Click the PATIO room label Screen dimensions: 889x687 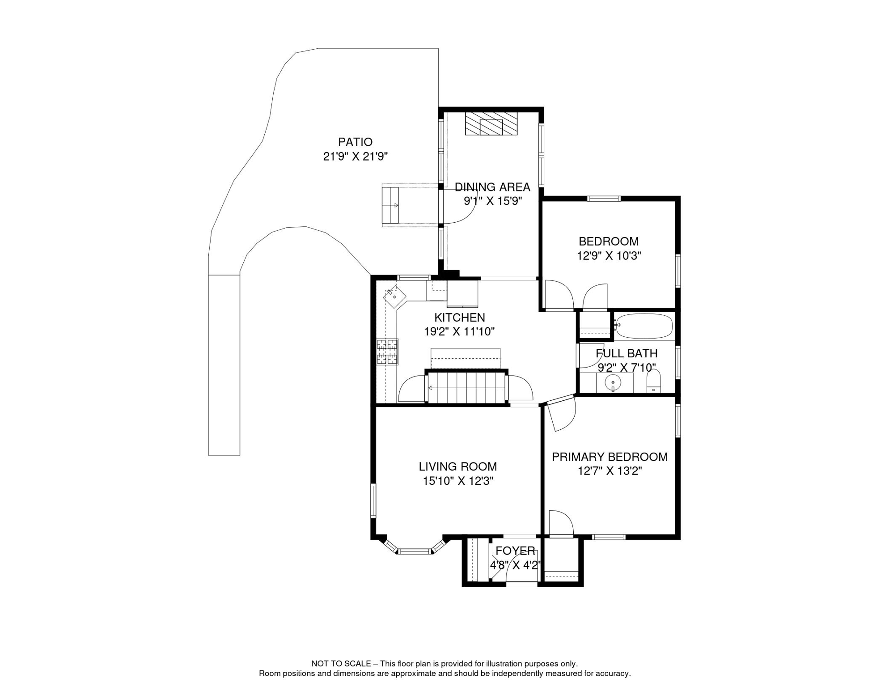click(355, 142)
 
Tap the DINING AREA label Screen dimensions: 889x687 click(492, 187)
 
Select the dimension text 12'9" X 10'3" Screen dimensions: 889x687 click(609, 256)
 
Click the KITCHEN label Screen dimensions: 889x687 click(460, 318)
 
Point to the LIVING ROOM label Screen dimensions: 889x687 click(458, 466)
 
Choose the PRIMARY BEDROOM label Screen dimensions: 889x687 click(610, 457)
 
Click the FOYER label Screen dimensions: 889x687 click(516, 551)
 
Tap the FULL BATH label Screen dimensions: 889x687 click(627, 353)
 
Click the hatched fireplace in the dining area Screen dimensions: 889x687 click(491, 123)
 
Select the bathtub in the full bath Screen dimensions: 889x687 click(644, 326)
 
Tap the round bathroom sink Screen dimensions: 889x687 click(613, 383)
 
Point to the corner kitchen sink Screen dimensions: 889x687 click(394, 297)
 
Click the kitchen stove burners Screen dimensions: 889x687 click(387, 352)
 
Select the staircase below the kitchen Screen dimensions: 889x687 click(466, 387)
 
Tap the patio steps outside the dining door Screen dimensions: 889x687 click(390, 205)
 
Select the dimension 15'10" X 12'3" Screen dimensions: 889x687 click(458, 481)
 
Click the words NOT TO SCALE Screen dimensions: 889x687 click(341, 664)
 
